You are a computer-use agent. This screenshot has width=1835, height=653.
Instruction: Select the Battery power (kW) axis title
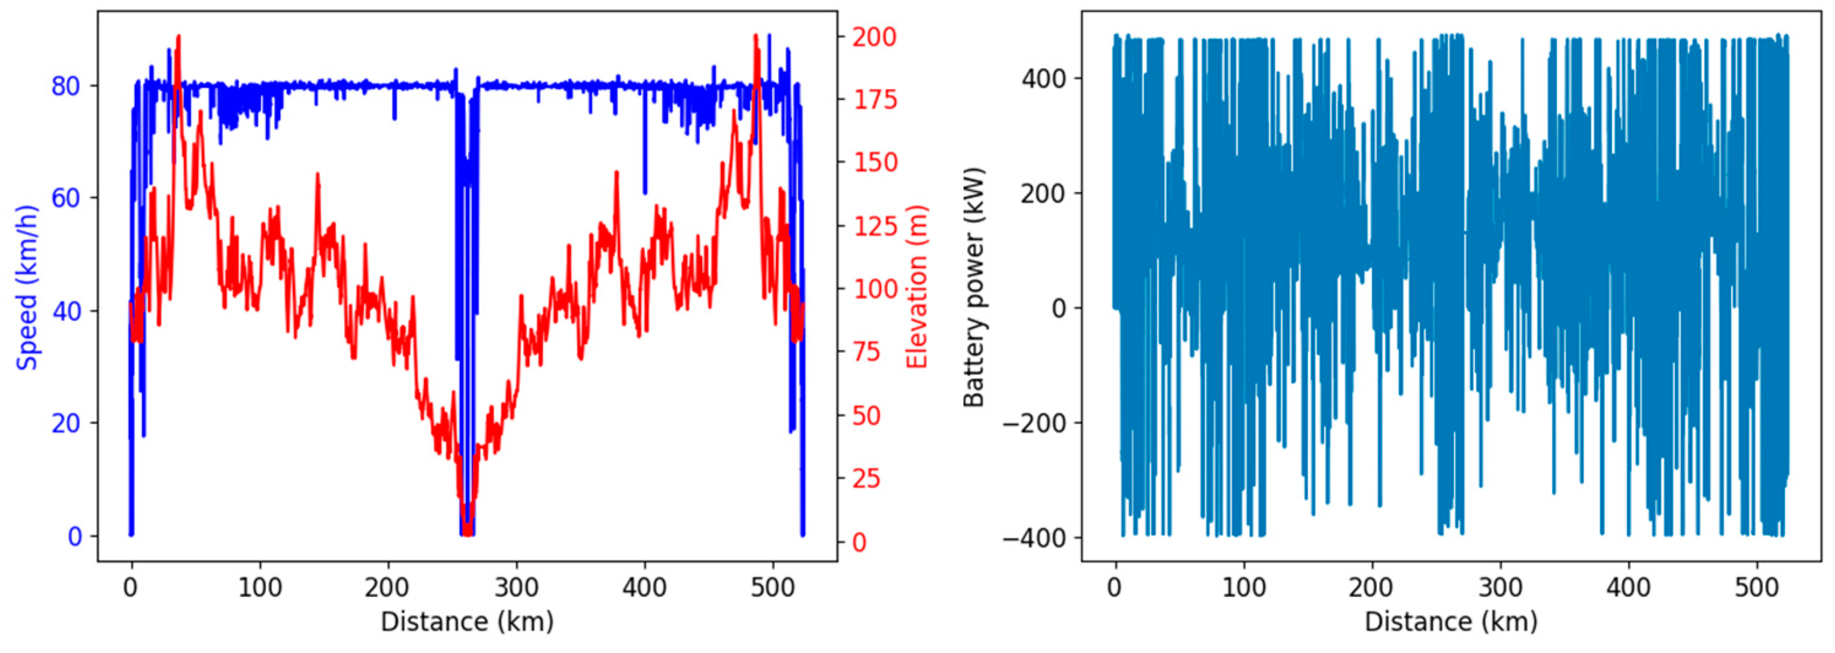point(973,287)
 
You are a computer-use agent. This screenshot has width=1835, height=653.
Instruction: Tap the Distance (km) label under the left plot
point(467,622)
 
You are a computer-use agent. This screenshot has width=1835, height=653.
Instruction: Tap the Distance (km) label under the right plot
point(1451,622)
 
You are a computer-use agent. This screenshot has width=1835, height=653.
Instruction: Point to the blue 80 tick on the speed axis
point(66,86)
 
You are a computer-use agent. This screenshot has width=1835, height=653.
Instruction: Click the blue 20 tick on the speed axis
point(66,424)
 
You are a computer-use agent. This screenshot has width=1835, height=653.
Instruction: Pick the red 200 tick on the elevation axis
point(874,36)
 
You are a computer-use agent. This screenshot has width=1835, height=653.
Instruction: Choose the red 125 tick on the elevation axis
point(874,226)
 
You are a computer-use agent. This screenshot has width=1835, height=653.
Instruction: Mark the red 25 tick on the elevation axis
point(866,478)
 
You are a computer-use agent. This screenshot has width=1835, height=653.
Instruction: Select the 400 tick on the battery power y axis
point(1043,78)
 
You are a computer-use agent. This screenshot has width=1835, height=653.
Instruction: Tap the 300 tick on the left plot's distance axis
point(516,588)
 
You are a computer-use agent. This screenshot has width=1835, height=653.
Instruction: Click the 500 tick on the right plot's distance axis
point(1757,588)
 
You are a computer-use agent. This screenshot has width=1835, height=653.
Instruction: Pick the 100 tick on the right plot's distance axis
point(1244,588)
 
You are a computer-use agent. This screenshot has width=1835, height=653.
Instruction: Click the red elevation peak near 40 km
point(178,37)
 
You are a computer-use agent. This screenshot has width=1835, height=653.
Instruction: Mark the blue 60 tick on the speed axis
point(66,198)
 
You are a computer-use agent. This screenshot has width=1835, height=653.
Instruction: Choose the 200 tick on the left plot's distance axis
point(387,588)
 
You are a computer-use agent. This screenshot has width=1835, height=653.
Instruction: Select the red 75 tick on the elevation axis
point(866,353)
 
